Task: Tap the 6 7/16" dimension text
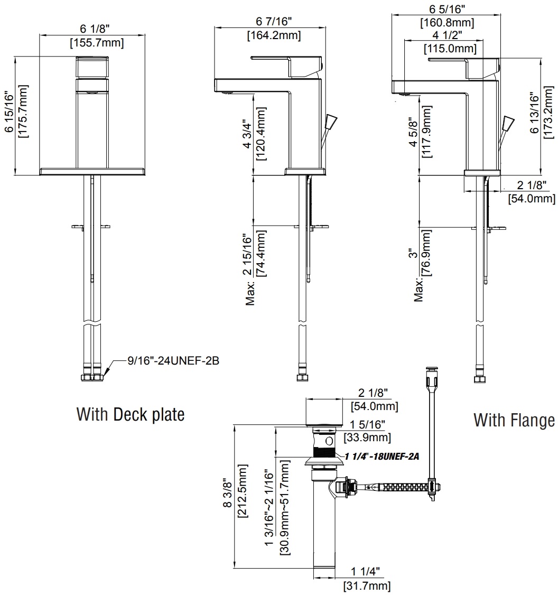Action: (274, 23)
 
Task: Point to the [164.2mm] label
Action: (274, 35)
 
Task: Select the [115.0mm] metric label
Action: (450, 49)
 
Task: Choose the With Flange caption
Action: (514, 420)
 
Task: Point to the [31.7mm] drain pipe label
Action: (367, 585)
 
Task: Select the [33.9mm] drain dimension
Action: (367, 437)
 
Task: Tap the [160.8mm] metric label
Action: (447, 23)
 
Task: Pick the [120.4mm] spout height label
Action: (260, 134)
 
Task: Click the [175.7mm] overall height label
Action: (23, 114)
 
